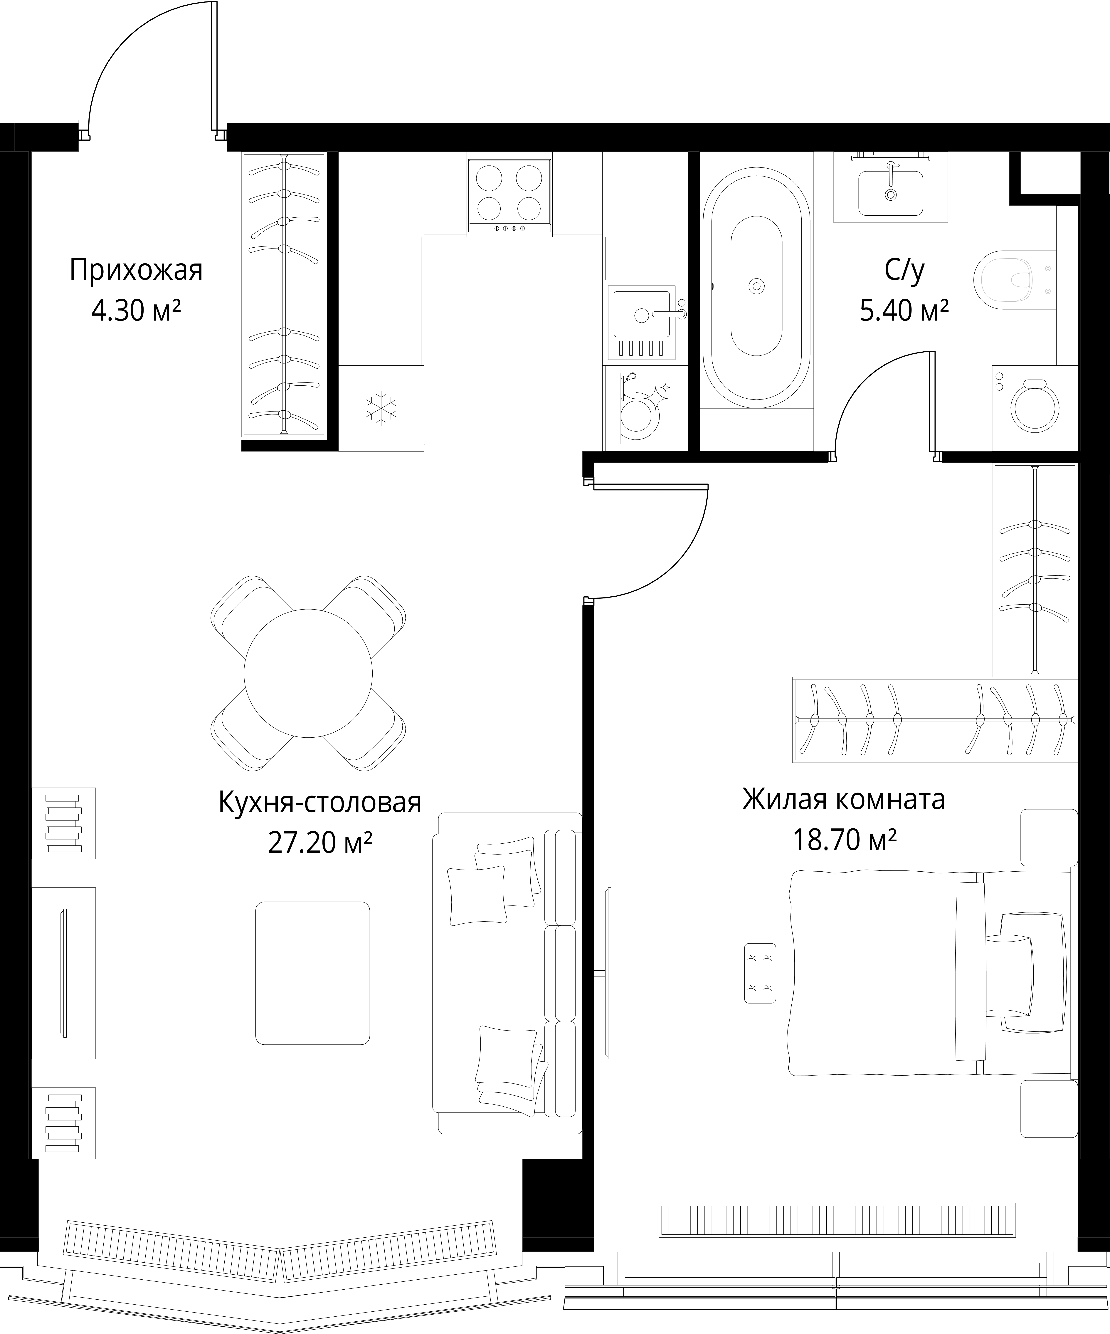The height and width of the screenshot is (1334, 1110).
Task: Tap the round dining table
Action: pyautogui.click(x=308, y=673)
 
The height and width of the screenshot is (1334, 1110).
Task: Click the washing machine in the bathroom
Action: pyautogui.click(x=1035, y=408)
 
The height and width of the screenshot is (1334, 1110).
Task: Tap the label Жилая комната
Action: pyautogui.click(x=843, y=799)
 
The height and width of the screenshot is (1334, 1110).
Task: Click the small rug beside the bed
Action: pyautogui.click(x=760, y=973)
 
